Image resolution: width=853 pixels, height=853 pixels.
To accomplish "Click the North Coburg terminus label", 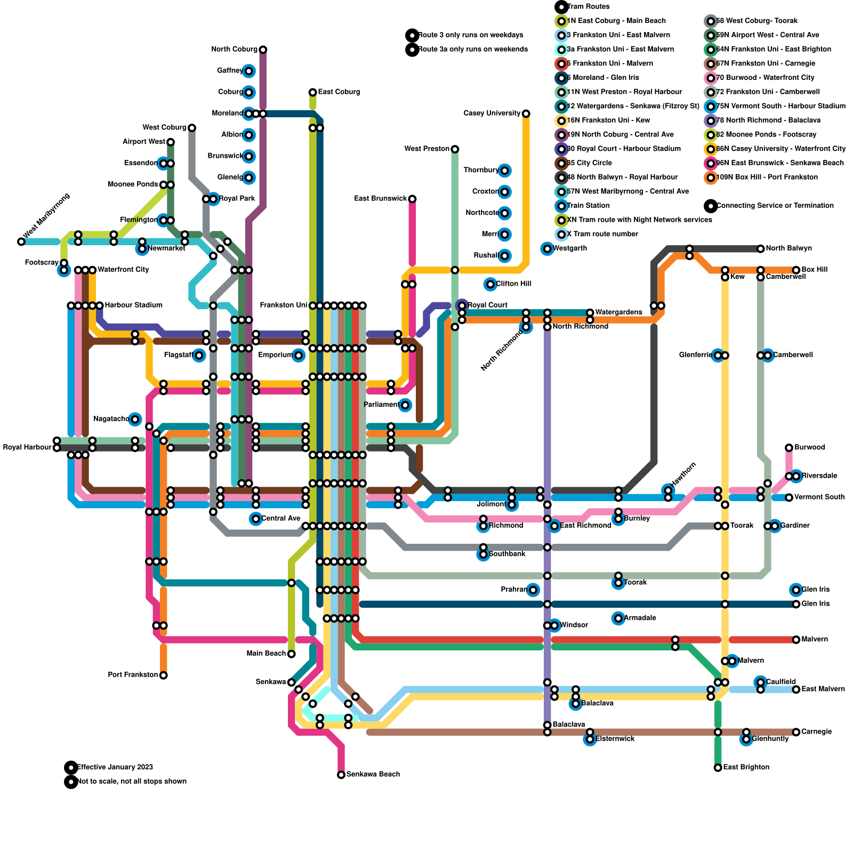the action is [x=234, y=50].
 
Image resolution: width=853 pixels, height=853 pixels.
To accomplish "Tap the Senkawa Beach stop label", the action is [x=373, y=775].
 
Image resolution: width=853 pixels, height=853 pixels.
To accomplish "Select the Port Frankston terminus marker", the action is [x=164, y=675].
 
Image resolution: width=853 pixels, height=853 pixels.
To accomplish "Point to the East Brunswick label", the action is [x=380, y=199].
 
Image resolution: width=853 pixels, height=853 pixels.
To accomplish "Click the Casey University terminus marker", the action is [x=526, y=114].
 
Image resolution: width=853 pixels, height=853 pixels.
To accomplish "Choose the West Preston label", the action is [x=426, y=149].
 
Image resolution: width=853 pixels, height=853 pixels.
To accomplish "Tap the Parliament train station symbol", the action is [x=405, y=405].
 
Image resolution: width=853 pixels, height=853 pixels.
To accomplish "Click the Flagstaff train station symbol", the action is [x=199, y=356].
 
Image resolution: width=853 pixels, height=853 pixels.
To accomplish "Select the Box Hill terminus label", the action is [x=814, y=270].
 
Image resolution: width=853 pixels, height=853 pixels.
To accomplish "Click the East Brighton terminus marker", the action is [x=718, y=768].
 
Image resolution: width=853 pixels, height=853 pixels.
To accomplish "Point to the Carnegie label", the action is [x=816, y=732].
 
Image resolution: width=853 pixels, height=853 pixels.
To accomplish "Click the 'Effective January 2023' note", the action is [x=115, y=768].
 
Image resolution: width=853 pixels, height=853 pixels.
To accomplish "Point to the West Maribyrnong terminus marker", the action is [x=21, y=242].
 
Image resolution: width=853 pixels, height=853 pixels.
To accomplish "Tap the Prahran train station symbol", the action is [x=533, y=590].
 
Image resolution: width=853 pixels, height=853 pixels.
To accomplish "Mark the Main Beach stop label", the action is [x=266, y=654].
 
